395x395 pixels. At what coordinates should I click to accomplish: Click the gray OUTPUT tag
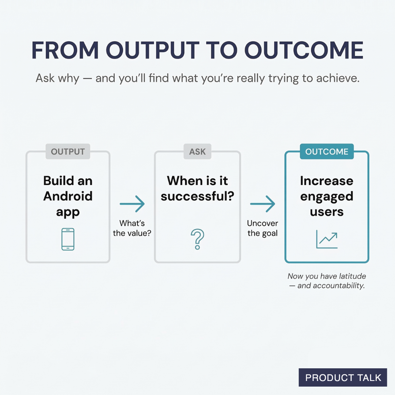(x=68, y=151)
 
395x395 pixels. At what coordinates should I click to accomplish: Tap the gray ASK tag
(x=197, y=151)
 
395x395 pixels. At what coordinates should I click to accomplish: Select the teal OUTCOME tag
(x=327, y=151)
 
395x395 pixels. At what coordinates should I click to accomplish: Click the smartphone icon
(x=68, y=239)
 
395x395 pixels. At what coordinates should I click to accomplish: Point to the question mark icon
(x=197, y=239)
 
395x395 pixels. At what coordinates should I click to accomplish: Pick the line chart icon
(x=327, y=239)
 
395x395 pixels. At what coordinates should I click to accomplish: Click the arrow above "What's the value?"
(x=132, y=204)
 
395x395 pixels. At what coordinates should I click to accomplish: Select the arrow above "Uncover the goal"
(x=262, y=204)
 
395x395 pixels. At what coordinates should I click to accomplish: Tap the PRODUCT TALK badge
(x=343, y=378)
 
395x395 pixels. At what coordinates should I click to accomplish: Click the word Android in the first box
(x=68, y=196)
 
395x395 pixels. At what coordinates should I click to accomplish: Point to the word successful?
(x=197, y=196)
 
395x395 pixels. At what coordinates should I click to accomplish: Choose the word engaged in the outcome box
(x=327, y=196)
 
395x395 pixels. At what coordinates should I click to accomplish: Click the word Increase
(x=327, y=181)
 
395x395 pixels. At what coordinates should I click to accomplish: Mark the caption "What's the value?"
(x=132, y=228)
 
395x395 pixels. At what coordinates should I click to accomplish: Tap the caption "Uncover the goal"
(x=263, y=228)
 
